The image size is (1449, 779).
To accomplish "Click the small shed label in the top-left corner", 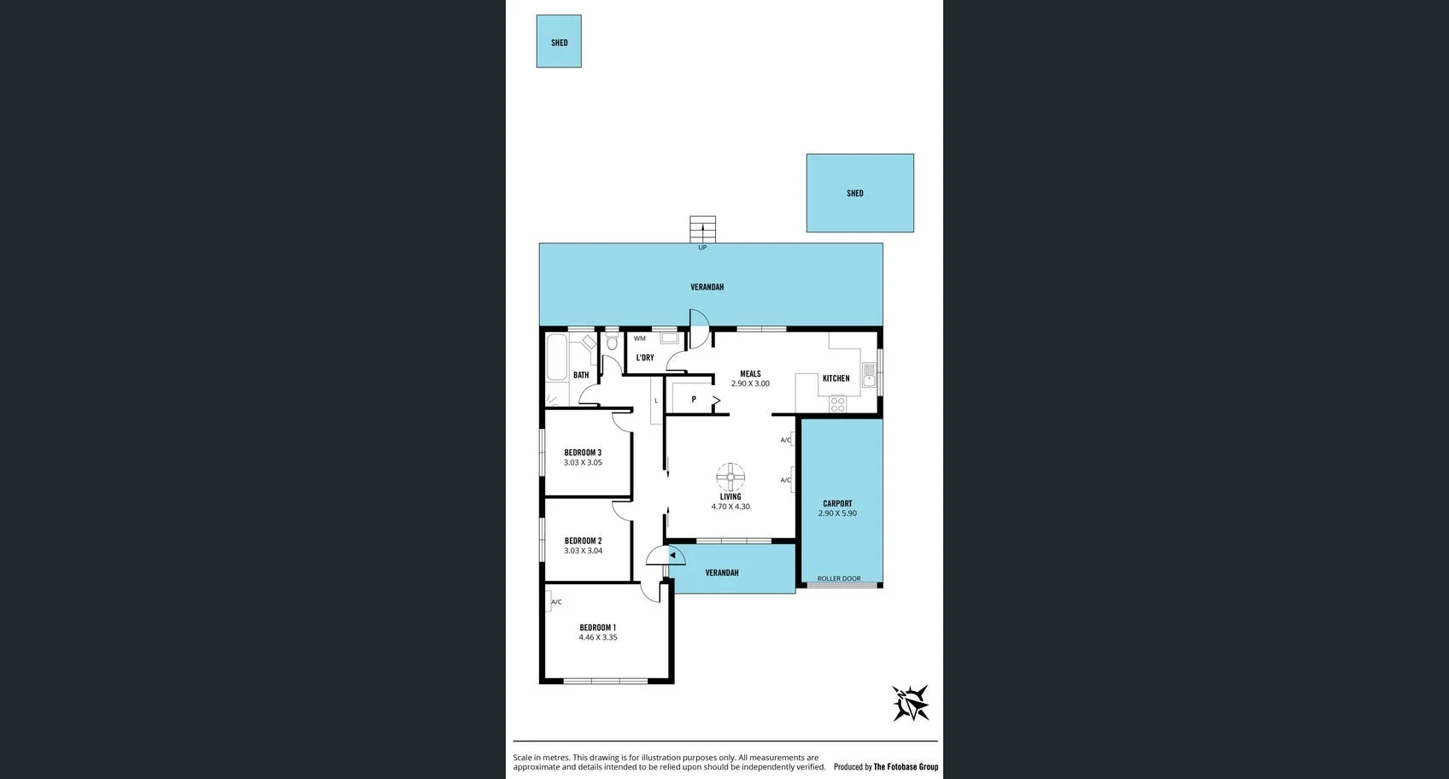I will click(x=559, y=43).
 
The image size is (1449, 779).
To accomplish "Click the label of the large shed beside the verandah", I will click(x=854, y=193).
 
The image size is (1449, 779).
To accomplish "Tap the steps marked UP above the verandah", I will click(x=702, y=229).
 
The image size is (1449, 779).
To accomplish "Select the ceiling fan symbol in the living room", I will click(x=730, y=477).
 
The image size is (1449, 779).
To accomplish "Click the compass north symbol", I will click(x=910, y=703).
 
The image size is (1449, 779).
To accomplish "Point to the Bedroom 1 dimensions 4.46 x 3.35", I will click(x=597, y=637).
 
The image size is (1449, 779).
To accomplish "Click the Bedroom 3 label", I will click(x=583, y=453).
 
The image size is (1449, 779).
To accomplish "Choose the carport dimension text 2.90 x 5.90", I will click(x=837, y=513).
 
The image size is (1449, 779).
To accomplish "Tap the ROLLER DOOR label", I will click(x=839, y=578).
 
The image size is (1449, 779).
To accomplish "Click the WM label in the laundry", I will click(x=640, y=338).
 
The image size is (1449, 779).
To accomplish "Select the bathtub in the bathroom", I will click(x=557, y=357).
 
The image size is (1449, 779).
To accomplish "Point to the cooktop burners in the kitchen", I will click(x=837, y=403).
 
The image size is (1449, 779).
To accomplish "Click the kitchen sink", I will click(x=869, y=375).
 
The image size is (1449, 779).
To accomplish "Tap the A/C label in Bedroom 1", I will click(x=556, y=602).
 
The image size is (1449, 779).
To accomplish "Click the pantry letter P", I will click(x=694, y=399).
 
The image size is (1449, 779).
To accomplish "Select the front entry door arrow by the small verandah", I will click(x=672, y=555).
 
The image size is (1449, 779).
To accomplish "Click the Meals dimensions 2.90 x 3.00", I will click(x=750, y=384).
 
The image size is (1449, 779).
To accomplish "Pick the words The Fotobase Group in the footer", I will click(x=906, y=767).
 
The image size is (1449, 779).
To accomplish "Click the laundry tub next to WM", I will click(x=670, y=338).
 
